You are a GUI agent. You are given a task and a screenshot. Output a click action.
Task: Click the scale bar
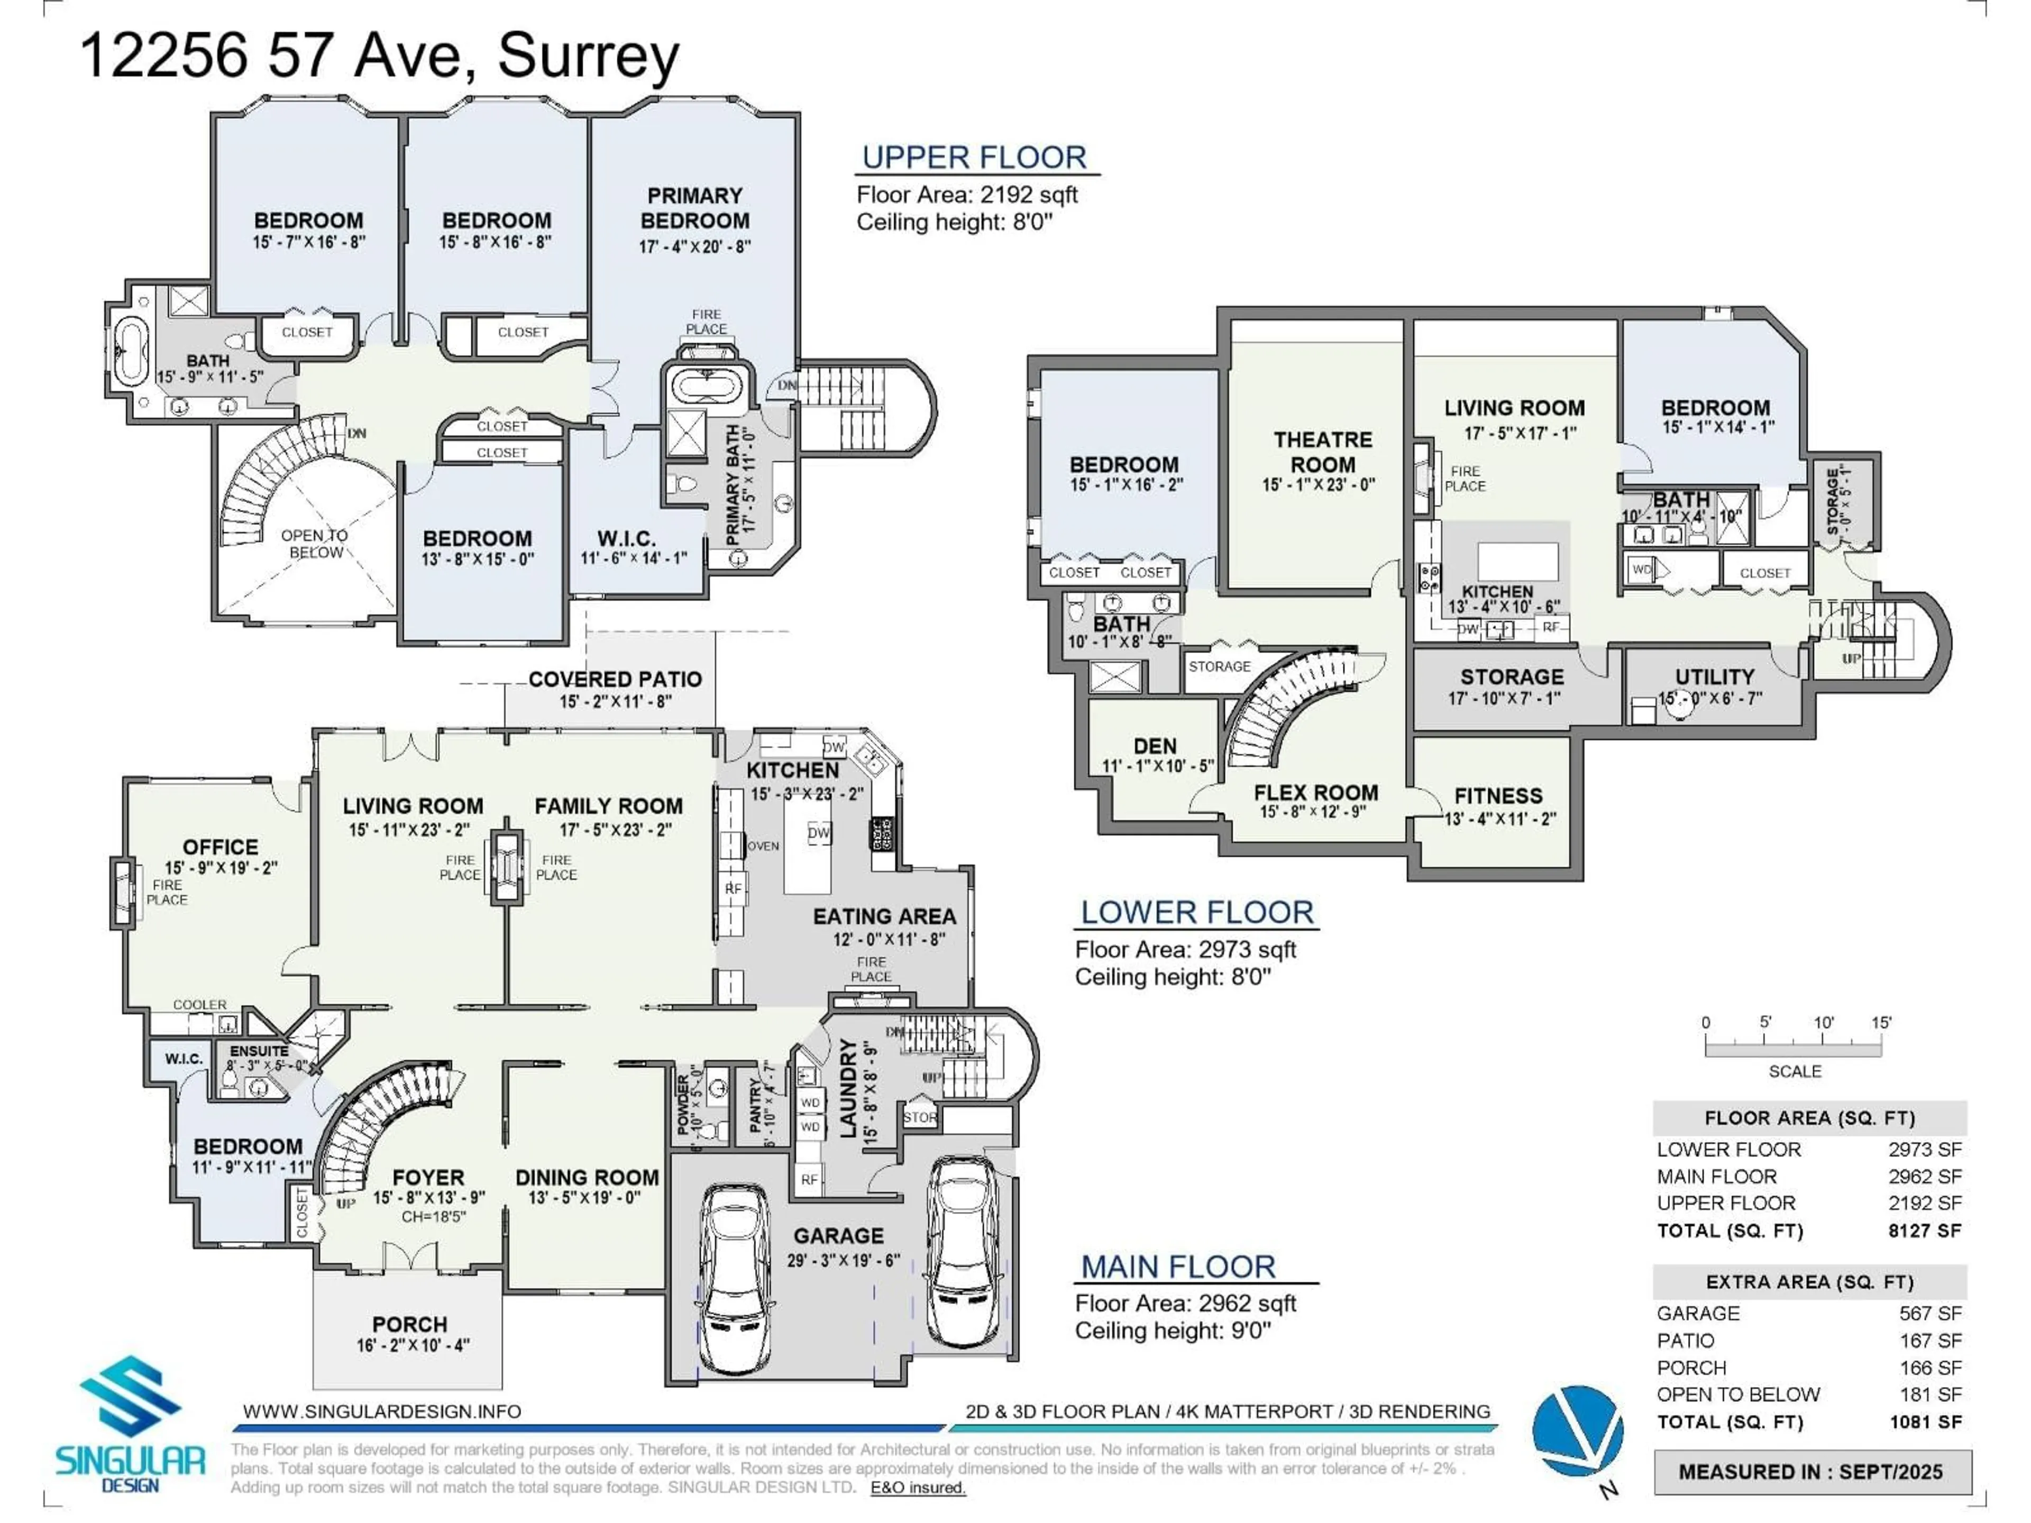coord(1793,1047)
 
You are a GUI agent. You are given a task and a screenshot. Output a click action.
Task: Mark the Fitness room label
coord(1498,796)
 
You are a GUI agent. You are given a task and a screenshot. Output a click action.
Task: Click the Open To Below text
coord(315,544)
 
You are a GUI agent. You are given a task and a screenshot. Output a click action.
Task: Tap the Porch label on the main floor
coord(409,1325)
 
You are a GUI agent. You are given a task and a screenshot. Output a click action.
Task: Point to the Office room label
coord(221,847)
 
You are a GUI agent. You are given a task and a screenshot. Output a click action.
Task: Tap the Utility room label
coord(1714,676)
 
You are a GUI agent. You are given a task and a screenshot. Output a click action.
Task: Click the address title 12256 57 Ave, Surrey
coord(379,55)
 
